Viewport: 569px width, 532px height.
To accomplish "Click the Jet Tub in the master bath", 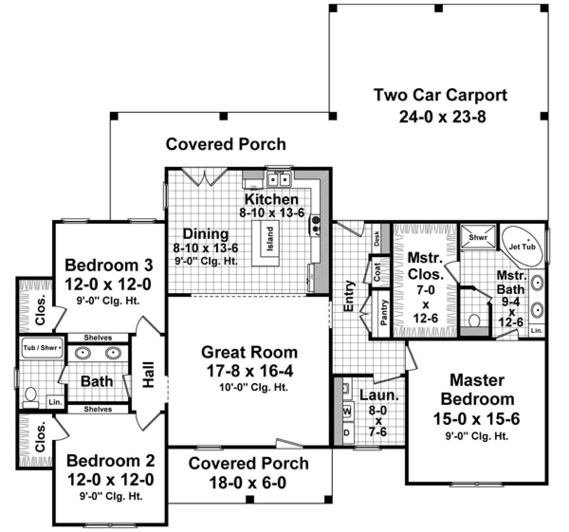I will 522,246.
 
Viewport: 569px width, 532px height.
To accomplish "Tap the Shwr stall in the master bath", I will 478,237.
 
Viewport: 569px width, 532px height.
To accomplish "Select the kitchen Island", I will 269,240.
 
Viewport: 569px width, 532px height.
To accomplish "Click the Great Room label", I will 249,352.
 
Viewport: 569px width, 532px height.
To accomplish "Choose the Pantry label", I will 384,313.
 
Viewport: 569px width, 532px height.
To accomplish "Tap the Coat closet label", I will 378,272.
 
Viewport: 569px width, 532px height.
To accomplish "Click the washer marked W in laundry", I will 347,410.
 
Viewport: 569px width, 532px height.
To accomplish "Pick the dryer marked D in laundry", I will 347,432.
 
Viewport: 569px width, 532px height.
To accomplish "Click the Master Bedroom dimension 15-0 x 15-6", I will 476,419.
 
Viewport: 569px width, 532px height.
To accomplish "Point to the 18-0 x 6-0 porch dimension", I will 248,483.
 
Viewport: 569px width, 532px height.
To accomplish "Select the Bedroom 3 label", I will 109,264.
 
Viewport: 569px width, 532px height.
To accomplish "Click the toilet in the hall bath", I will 31,396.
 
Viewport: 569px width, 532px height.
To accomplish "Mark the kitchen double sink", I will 278,180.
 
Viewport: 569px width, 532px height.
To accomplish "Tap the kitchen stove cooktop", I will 315,224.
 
